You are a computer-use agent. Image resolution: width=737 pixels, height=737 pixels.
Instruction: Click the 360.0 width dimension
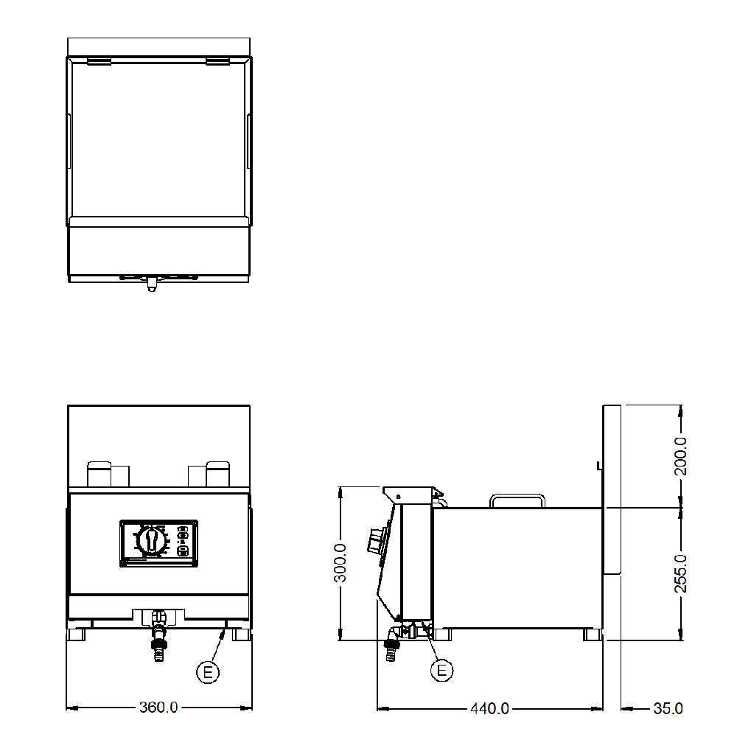pos(158,707)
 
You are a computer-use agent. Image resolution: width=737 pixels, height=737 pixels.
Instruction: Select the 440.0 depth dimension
pos(489,708)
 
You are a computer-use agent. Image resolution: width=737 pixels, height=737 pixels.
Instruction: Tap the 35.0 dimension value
pos(668,708)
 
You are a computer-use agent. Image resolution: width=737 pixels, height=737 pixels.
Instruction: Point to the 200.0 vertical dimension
pos(680,456)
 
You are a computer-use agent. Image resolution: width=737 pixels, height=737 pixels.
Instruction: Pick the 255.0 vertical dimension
pos(680,573)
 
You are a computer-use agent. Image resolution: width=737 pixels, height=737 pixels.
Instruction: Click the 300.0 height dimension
pos(340,562)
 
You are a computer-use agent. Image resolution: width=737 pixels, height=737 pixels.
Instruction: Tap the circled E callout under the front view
pos(208,671)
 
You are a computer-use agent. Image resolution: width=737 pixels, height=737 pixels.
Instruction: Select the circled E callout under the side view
pos(441,670)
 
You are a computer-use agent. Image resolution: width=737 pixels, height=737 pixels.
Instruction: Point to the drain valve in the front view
pos(159,635)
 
